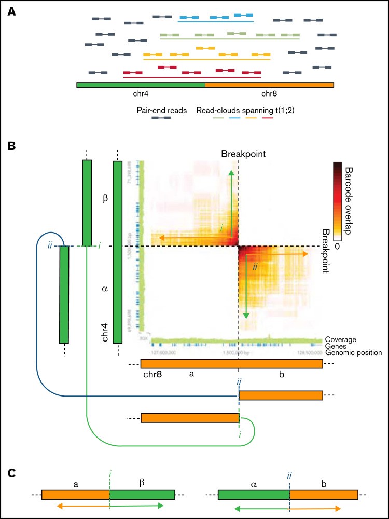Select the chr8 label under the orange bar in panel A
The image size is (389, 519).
(x=269, y=94)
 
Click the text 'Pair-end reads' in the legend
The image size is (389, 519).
(x=161, y=110)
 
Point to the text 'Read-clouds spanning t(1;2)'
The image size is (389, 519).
(x=235, y=110)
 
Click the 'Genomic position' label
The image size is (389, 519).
(x=353, y=353)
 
